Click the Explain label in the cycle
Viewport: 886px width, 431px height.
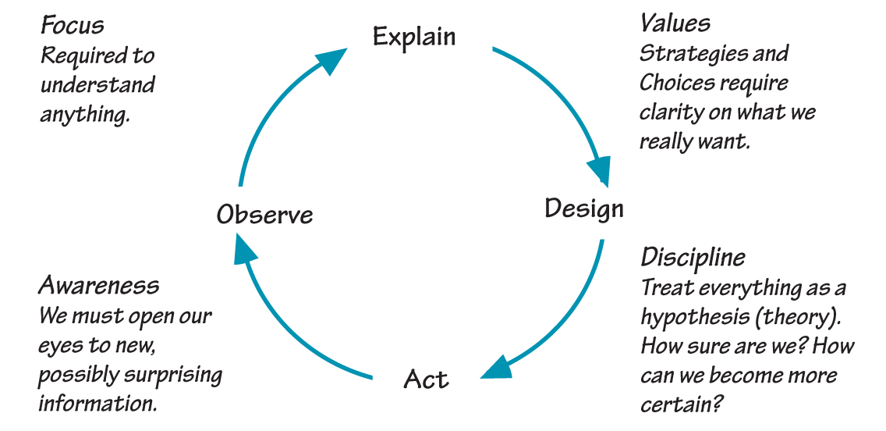tap(414, 37)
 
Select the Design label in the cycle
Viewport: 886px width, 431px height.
tap(583, 209)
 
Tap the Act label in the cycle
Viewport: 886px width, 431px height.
tap(426, 379)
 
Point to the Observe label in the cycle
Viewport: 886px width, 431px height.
tap(264, 215)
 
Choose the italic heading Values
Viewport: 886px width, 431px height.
tap(675, 23)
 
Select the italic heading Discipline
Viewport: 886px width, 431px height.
tap(693, 258)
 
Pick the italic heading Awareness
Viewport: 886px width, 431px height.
tap(98, 286)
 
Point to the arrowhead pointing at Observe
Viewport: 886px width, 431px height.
tap(246, 252)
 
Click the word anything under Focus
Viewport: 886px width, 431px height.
tap(83, 115)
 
